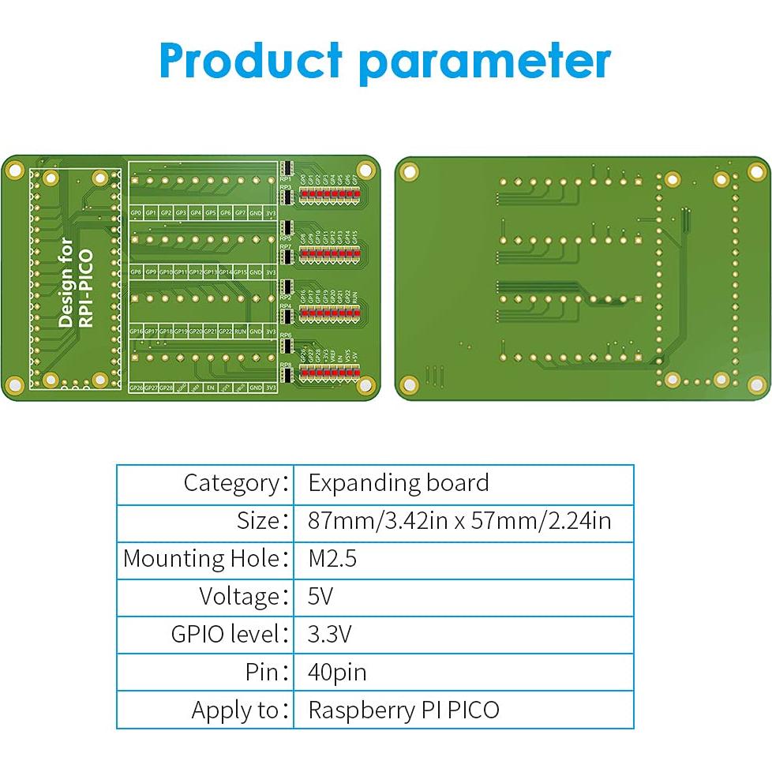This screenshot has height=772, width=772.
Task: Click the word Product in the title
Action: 250,61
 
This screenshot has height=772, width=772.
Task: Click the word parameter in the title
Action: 485,61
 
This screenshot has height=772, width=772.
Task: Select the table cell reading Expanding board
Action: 398,483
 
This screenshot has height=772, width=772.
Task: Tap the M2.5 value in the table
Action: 332,559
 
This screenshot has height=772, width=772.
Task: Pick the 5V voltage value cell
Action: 320,596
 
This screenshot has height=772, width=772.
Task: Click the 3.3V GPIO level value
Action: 330,634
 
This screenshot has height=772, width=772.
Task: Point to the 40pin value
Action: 337,672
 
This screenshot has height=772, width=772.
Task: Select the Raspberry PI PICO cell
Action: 403,710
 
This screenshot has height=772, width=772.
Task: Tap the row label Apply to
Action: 234,710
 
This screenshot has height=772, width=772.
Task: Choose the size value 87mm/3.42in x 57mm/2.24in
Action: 459,521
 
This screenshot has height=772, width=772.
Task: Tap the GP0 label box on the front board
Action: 136,213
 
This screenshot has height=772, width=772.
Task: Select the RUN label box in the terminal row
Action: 240,332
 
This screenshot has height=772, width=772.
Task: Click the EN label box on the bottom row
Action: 210,388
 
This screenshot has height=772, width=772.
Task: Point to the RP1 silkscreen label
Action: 286,179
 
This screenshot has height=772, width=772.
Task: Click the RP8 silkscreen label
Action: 286,365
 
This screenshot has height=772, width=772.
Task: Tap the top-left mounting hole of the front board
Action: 14,168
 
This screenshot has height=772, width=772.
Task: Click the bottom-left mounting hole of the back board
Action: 408,385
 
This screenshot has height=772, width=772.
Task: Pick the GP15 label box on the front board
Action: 240,272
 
